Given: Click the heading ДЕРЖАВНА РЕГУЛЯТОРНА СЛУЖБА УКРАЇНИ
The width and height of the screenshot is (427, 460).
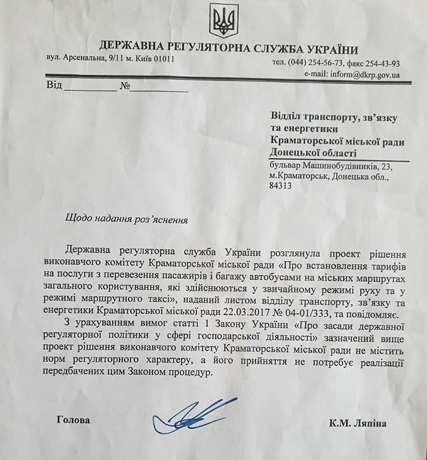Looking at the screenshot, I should point(228,49).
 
